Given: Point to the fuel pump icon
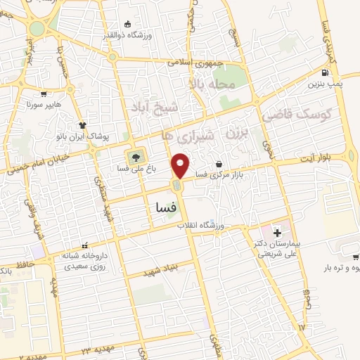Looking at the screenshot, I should pos(324,72).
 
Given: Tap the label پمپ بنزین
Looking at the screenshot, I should pos(324,84).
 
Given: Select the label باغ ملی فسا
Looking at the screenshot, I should pos(131,169).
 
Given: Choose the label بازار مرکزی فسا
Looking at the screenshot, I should pos(219,174).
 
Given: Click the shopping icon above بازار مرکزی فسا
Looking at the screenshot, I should pos(219,163).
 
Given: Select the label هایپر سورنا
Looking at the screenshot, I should pos(45,104).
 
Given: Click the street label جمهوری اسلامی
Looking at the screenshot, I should pos(195,63).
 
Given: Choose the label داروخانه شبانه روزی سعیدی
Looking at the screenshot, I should pos(85,261).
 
